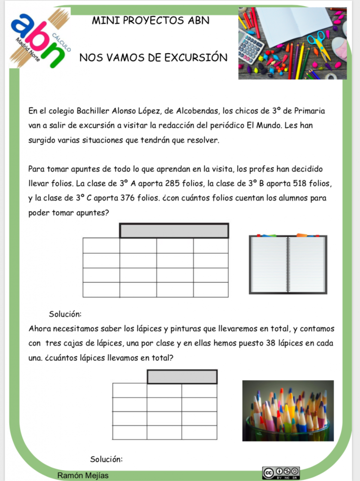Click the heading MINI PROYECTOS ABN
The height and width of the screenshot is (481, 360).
150,21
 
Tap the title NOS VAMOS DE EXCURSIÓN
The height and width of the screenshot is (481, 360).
153,58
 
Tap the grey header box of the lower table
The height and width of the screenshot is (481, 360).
182,377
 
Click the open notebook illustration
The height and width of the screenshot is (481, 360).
288,264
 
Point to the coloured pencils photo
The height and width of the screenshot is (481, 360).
288,411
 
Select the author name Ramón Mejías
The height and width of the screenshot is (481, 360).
83,475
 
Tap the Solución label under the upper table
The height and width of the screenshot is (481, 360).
65,314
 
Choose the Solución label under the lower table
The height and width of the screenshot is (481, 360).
106,459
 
